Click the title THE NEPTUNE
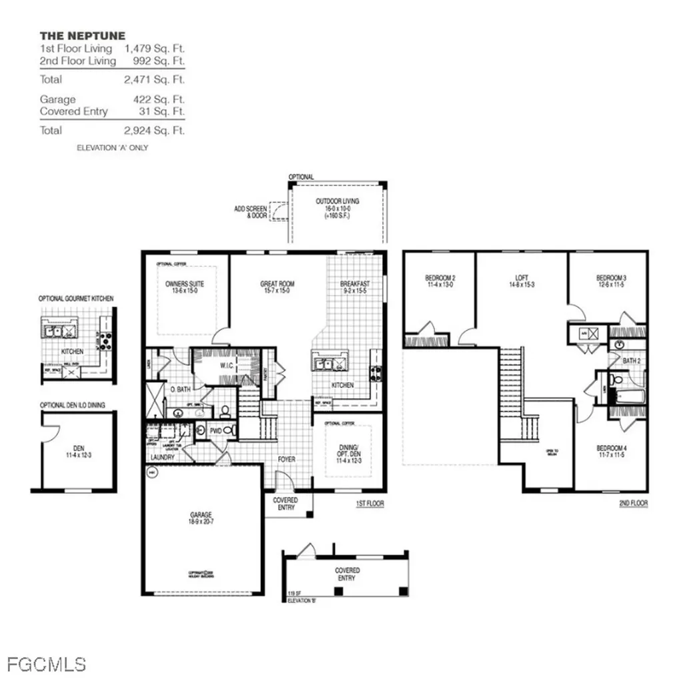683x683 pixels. (82, 35)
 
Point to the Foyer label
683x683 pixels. (287, 460)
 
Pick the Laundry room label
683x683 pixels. (163, 458)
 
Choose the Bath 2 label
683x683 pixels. (631, 361)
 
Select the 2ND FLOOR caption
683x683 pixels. (633, 504)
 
